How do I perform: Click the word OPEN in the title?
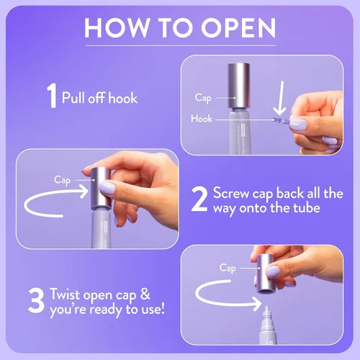(x=238, y=27)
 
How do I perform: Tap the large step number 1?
(x=51, y=96)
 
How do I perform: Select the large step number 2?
(x=199, y=199)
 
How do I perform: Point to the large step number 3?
(x=36, y=300)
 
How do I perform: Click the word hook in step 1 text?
(x=123, y=98)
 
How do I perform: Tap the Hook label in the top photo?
(x=202, y=119)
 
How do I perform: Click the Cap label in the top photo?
(x=203, y=98)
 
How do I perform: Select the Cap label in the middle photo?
(x=62, y=180)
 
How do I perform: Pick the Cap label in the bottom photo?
(x=228, y=268)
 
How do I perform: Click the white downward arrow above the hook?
(x=281, y=98)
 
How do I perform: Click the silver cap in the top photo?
(x=238, y=85)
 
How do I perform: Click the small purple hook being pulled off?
(x=282, y=120)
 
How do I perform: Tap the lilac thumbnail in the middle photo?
(x=107, y=187)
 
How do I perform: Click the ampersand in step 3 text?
(x=145, y=294)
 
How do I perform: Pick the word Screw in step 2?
(x=231, y=193)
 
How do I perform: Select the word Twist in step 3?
(x=64, y=294)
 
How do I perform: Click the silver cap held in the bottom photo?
(x=265, y=274)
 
